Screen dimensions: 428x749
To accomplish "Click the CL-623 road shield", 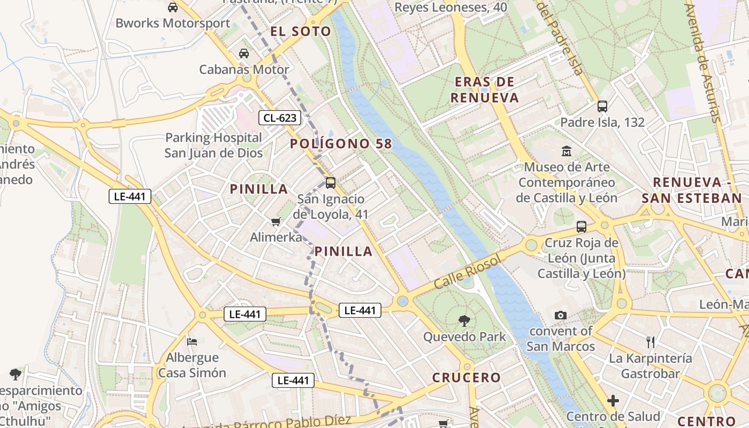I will pyautogui.click(x=279, y=118).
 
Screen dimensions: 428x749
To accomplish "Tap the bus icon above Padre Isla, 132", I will pyautogui.click(x=602, y=106).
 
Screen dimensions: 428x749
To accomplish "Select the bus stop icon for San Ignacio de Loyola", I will pyautogui.click(x=331, y=183).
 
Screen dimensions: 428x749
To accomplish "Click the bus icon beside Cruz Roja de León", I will pyautogui.click(x=582, y=227).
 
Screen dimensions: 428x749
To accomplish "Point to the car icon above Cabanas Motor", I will pyautogui.click(x=244, y=53).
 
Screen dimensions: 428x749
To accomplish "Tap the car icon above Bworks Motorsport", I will pyautogui.click(x=173, y=7).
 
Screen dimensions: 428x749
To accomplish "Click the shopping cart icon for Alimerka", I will pyautogui.click(x=276, y=221).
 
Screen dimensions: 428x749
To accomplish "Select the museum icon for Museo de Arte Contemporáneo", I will pyautogui.click(x=567, y=151).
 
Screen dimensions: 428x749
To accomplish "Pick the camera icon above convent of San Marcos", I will pyautogui.click(x=560, y=315).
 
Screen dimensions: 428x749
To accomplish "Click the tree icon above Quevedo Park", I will pyautogui.click(x=464, y=321).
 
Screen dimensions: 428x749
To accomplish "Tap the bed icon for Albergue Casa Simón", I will pyautogui.click(x=192, y=341).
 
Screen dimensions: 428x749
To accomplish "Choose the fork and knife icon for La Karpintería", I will pyautogui.click(x=651, y=342).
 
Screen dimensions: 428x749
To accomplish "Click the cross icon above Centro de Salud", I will pyautogui.click(x=613, y=400).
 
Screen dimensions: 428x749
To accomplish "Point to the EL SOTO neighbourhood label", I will pyautogui.click(x=301, y=32).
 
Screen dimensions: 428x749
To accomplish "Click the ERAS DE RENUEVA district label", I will pyautogui.click(x=484, y=90).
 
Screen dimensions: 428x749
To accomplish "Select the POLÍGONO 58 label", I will pyautogui.click(x=341, y=144).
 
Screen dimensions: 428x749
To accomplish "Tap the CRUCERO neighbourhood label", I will pyautogui.click(x=467, y=378).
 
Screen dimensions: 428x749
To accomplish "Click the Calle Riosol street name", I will pyautogui.click(x=468, y=272).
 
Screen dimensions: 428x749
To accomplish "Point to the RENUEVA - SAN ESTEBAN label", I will pyautogui.click(x=692, y=190).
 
